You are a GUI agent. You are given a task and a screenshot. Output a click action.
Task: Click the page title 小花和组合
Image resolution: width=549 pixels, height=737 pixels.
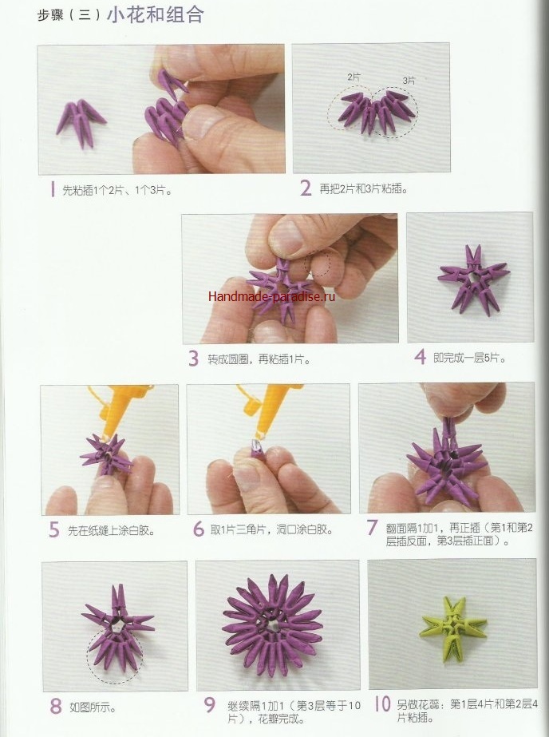(156, 14)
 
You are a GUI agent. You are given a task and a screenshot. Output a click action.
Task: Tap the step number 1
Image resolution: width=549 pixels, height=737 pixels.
(53, 189)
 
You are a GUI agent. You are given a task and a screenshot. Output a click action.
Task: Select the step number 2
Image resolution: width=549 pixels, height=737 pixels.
(306, 188)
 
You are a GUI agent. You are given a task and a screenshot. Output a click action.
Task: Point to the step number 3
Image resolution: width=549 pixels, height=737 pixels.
(193, 359)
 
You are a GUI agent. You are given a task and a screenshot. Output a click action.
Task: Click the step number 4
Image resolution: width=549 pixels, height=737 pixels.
(420, 357)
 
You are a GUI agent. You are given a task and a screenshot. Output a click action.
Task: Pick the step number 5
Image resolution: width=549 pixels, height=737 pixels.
(54, 529)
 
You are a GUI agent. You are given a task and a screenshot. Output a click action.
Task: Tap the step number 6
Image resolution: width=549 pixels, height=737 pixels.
(199, 529)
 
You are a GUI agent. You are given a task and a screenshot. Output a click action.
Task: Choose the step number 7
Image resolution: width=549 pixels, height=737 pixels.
(372, 527)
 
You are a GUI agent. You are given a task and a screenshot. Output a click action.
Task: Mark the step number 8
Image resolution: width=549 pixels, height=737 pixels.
(55, 706)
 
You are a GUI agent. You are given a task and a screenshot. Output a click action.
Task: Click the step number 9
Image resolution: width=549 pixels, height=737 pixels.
(209, 704)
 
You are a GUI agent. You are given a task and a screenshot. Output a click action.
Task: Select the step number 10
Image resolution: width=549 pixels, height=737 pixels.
(383, 703)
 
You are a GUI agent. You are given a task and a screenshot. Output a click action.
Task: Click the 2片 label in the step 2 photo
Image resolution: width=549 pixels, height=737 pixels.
(354, 77)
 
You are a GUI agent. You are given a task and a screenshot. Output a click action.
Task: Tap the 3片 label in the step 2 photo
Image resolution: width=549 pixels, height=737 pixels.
(409, 81)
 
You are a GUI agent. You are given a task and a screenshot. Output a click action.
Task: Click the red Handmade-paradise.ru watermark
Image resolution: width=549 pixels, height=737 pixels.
(271, 296)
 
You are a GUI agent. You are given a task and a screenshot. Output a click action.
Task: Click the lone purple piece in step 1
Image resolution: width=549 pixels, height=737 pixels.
(81, 121)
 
